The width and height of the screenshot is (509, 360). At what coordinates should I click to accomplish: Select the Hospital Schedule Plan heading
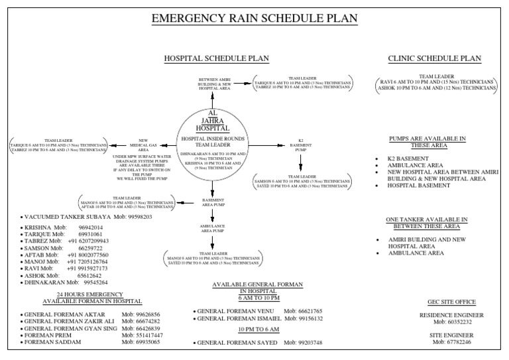coord(217,58)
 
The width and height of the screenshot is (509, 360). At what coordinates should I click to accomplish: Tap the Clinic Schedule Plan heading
coord(435,58)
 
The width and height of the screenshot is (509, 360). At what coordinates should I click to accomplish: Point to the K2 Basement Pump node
coord(300,146)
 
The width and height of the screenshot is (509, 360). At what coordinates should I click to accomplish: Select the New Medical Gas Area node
coord(147,145)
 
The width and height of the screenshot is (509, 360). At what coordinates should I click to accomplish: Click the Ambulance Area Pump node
coord(213,229)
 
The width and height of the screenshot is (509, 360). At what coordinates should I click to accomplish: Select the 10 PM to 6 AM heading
coord(258,329)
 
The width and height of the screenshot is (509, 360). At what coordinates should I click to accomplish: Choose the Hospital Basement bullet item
coord(422,186)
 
